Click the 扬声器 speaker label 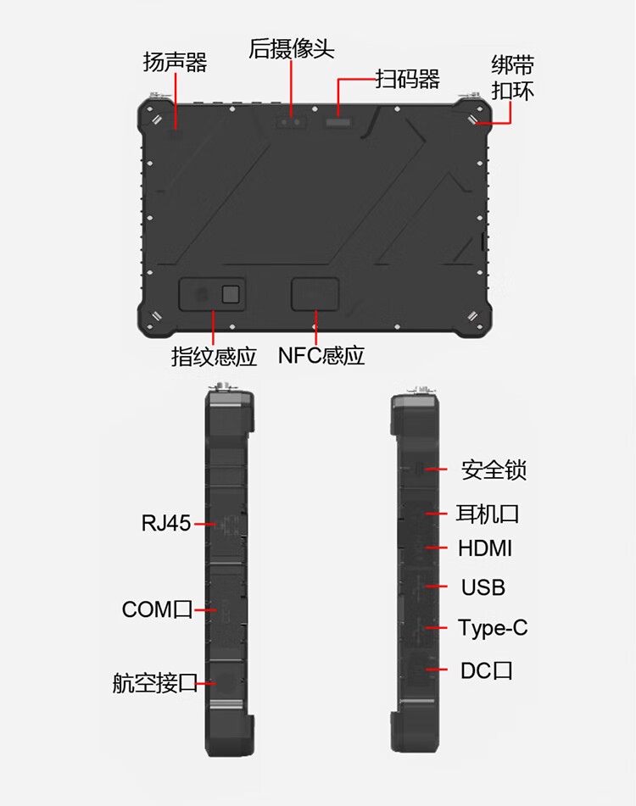pyautogui.click(x=175, y=62)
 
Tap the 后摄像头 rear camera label pyautogui.click(x=292, y=49)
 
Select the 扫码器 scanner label pyautogui.click(x=408, y=79)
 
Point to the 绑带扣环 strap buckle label pyautogui.click(x=512, y=78)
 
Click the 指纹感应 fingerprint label pyautogui.click(x=214, y=356)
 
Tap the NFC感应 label pyautogui.click(x=321, y=356)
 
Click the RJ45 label pyautogui.click(x=166, y=523)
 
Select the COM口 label pyautogui.click(x=158, y=609)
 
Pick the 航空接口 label pyautogui.click(x=155, y=683)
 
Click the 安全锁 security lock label pyautogui.click(x=494, y=470)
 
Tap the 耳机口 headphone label pyautogui.click(x=488, y=514)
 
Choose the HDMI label pyautogui.click(x=485, y=548)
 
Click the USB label pyautogui.click(x=483, y=587)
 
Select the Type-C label pyautogui.click(x=493, y=628)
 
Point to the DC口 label pyautogui.click(x=487, y=670)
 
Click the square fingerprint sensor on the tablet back pyautogui.click(x=231, y=294)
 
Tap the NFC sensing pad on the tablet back pyautogui.click(x=315, y=294)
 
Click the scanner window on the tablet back pyautogui.click(x=338, y=122)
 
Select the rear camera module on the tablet pyautogui.click(x=292, y=122)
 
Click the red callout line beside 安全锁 pyautogui.click(x=436, y=470)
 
